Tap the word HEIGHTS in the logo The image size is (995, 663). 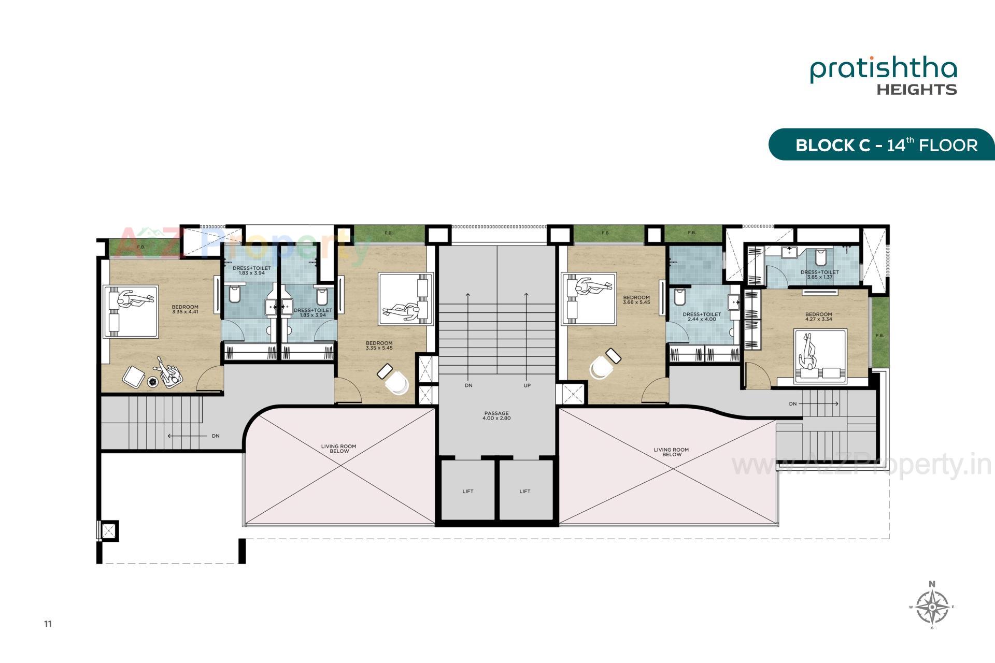pyautogui.click(x=916, y=90)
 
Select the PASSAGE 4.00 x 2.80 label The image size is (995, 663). pyautogui.click(x=497, y=416)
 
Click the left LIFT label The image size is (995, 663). pyautogui.click(x=467, y=492)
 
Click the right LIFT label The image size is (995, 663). pyautogui.click(x=524, y=492)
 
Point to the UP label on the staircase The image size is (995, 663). pyautogui.click(x=527, y=386)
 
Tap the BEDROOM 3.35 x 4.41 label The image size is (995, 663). pyautogui.click(x=185, y=309)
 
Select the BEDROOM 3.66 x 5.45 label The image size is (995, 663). pyautogui.click(x=636, y=300)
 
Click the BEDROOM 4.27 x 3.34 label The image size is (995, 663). pyautogui.click(x=818, y=316)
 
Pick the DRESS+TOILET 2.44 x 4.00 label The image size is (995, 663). pyautogui.click(x=702, y=316)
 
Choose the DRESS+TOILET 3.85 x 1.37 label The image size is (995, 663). pyautogui.click(x=819, y=275)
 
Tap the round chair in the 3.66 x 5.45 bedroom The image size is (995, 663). pyautogui.click(x=601, y=368)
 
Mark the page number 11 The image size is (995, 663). pyautogui.click(x=48, y=624)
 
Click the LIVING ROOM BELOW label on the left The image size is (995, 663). pyautogui.click(x=338, y=449)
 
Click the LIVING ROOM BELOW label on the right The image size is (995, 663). pyautogui.click(x=671, y=452)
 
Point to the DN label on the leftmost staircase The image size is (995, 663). pyautogui.click(x=216, y=436)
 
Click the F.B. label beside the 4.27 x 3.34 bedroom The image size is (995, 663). pyautogui.click(x=879, y=336)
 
